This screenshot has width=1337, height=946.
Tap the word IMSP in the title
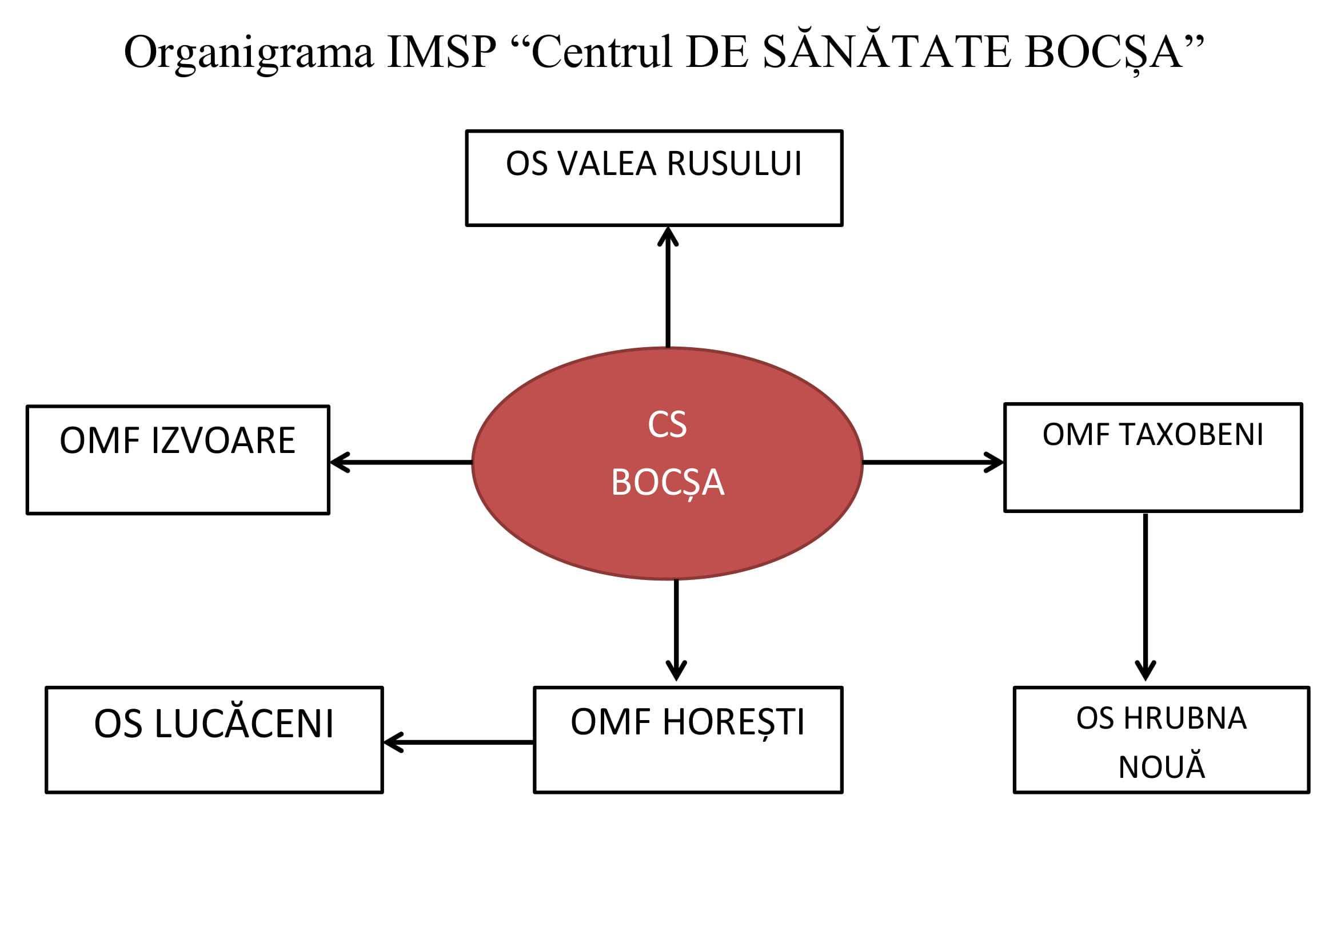point(441,53)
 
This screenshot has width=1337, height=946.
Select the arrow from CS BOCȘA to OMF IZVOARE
point(401,463)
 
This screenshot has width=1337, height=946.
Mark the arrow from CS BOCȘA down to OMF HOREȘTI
point(676,629)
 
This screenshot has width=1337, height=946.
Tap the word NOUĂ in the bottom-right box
point(1162,767)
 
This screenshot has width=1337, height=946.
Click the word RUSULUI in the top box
point(735,164)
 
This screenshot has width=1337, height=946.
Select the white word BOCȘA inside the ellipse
point(667,483)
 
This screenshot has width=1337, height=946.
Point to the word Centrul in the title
point(602,53)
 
